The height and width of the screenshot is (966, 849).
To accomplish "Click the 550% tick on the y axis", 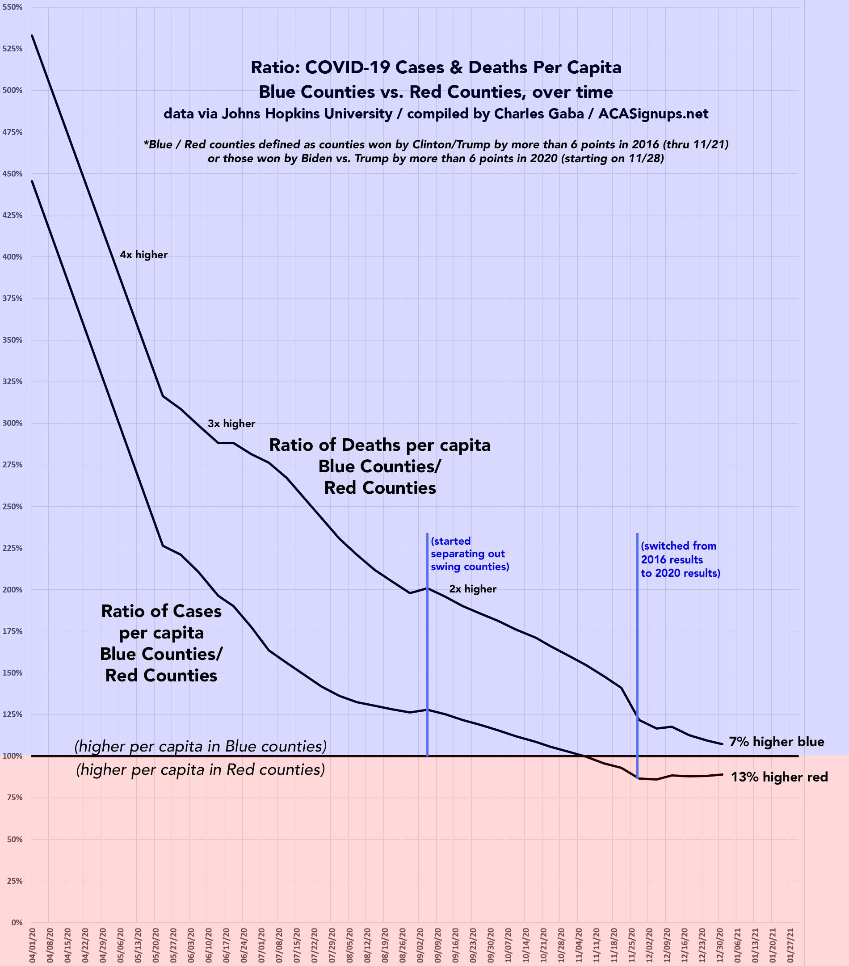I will pyautogui.click(x=13, y=7).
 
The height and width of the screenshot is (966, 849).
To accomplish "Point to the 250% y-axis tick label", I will pyautogui.click(x=13, y=506).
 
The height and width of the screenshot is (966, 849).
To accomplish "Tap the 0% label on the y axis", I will pyautogui.click(x=17, y=922).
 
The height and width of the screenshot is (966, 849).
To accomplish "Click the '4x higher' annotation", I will pyautogui.click(x=144, y=255).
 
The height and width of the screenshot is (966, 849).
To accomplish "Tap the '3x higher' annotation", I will pyautogui.click(x=231, y=424).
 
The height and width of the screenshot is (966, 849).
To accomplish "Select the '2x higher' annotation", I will pyautogui.click(x=473, y=589).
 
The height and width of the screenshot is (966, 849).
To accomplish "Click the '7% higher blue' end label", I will pyautogui.click(x=776, y=742).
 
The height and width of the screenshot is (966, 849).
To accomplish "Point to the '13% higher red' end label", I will pyautogui.click(x=779, y=777).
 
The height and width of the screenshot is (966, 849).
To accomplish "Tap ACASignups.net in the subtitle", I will pyautogui.click(x=653, y=114).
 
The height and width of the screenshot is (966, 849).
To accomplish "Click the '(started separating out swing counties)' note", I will pyautogui.click(x=470, y=554).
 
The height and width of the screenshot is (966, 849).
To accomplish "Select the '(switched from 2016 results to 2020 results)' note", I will pyautogui.click(x=680, y=559).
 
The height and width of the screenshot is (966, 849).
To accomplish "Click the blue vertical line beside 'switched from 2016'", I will pyautogui.click(x=637, y=638).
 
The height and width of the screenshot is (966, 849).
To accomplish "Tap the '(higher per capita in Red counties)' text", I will pyautogui.click(x=201, y=770).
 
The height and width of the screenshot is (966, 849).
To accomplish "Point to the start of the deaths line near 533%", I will pyautogui.click(x=32, y=35).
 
